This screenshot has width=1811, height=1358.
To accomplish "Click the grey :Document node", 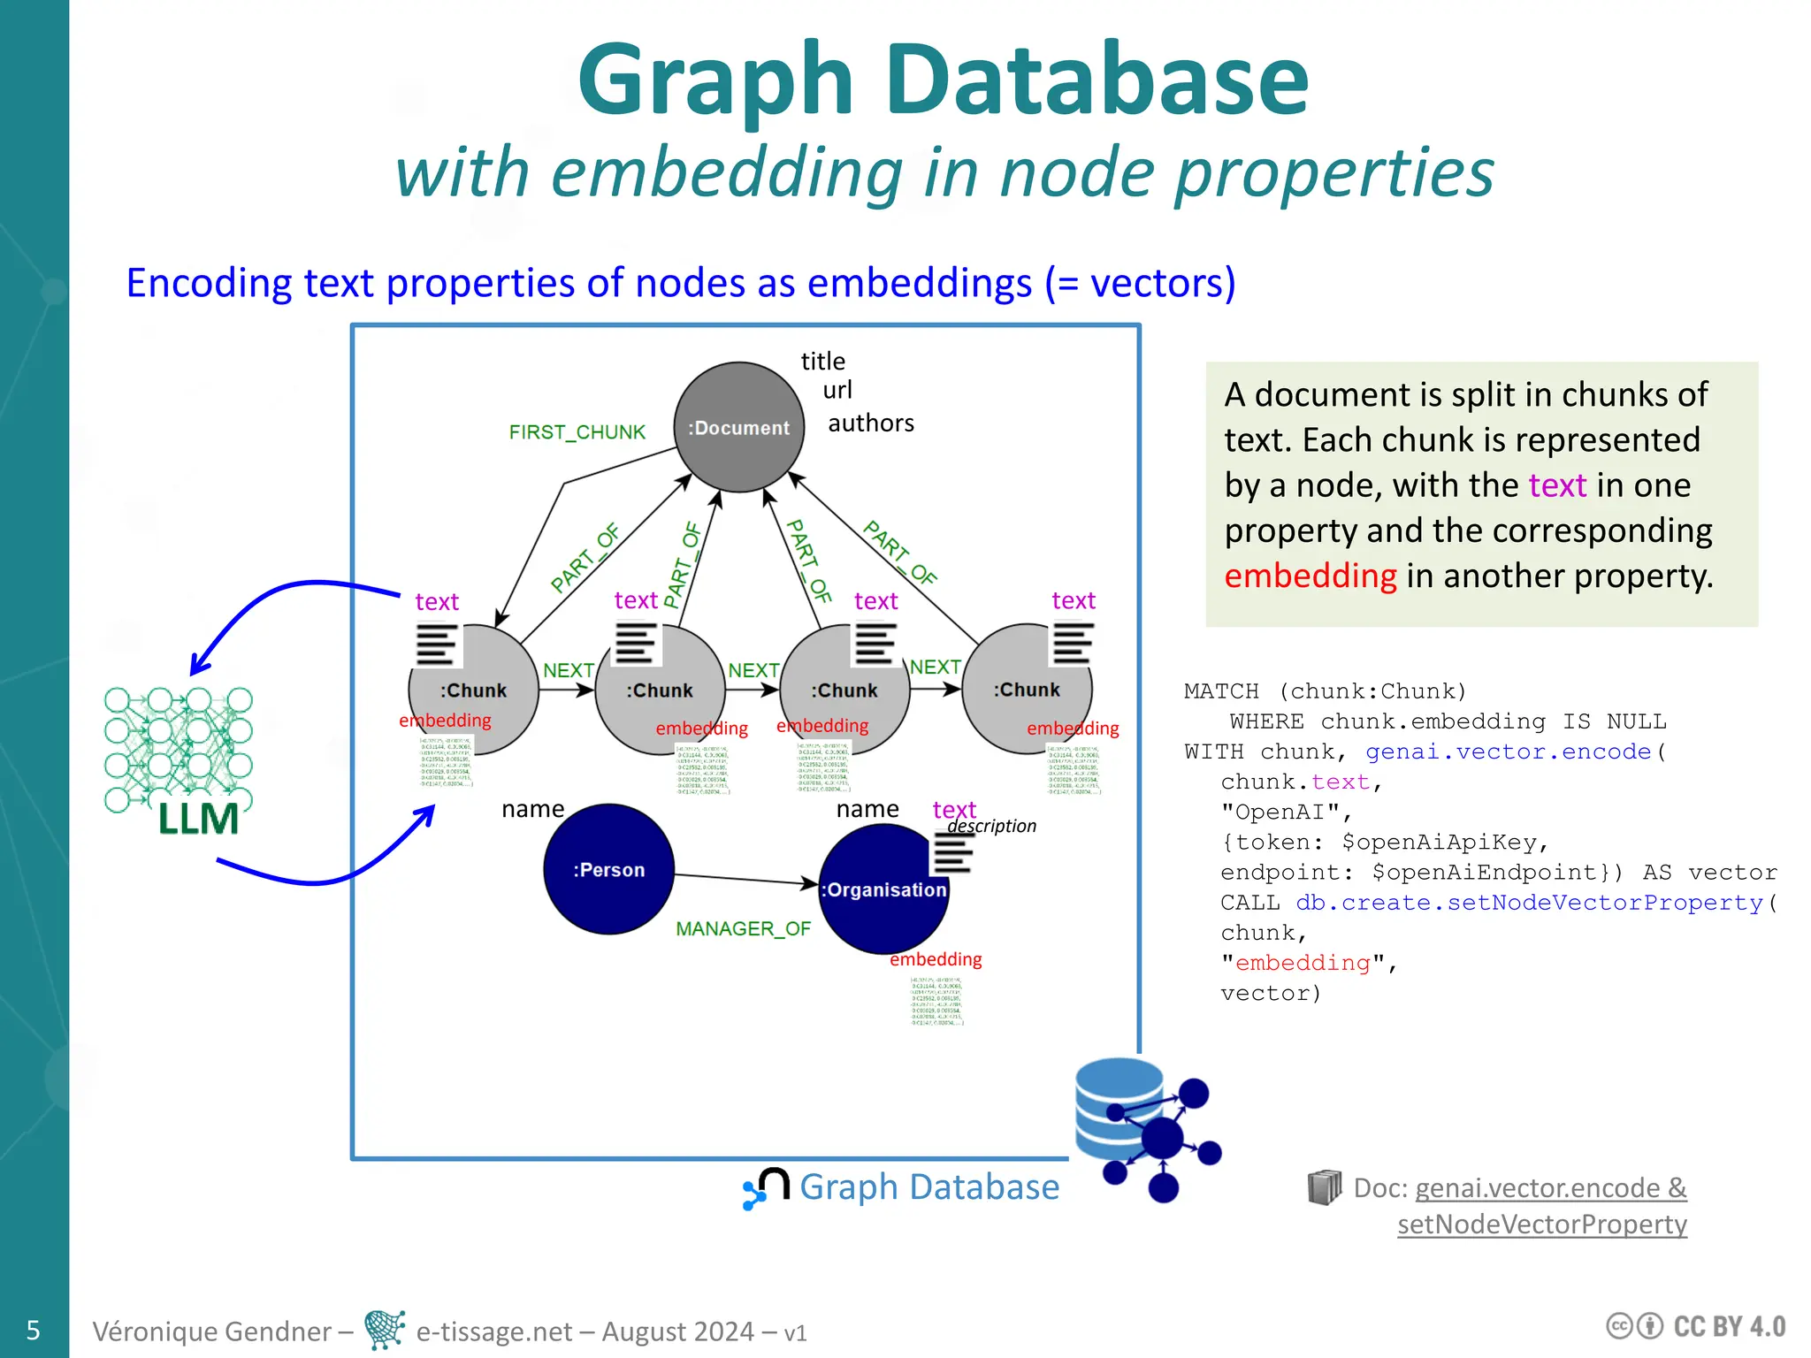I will pyautogui.click(x=738, y=427).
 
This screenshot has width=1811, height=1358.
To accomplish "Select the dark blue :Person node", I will pyautogui.click(x=608, y=869).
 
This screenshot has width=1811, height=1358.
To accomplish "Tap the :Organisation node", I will pyautogui.click(x=883, y=889).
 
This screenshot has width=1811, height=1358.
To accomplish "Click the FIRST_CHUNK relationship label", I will pyautogui.click(x=577, y=432).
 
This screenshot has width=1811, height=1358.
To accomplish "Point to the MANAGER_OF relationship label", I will pyautogui.click(x=743, y=929).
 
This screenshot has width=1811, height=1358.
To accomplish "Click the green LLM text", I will pyautogui.click(x=198, y=819).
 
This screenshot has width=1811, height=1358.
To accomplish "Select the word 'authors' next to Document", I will pyautogui.click(x=870, y=423).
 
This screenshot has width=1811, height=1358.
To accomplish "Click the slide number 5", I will pyautogui.click(x=34, y=1330).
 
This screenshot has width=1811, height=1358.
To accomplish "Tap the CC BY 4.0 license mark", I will pyautogui.click(x=1695, y=1326).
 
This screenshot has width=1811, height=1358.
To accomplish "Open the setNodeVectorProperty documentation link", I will pyautogui.click(x=1541, y=1224).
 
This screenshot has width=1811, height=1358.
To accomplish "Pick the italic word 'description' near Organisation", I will pyautogui.click(x=991, y=826).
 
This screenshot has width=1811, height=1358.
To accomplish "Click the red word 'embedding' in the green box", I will pyautogui.click(x=1310, y=576).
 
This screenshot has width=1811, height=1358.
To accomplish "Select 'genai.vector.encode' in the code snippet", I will pyautogui.click(x=1508, y=751).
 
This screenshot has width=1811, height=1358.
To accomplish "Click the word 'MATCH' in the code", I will pyautogui.click(x=1221, y=691).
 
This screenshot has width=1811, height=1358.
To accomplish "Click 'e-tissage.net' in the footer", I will pyautogui.click(x=493, y=1331).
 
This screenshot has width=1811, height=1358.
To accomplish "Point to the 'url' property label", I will pyautogui.click(x=837, y=390).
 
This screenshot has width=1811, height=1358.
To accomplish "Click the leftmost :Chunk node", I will pyautogui.click(x=473, y=690).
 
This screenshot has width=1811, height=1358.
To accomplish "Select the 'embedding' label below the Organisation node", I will pyautogui.click(x=936, y=959).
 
